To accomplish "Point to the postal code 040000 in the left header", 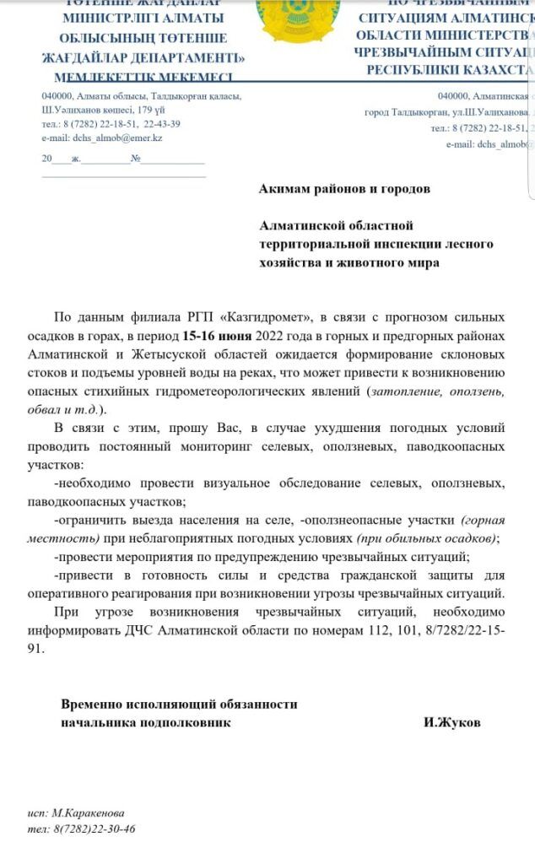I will click(56, 96).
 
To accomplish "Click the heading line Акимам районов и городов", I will click(343, 189).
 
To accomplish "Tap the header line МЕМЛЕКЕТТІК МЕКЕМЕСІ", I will click(143, 77).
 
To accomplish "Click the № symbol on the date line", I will click(135, 159).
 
